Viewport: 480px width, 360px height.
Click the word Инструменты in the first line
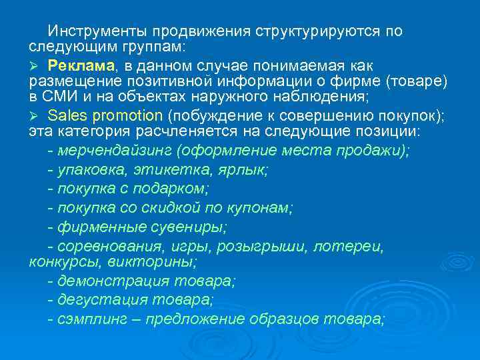tap(97, 31)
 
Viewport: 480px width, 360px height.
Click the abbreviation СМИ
tap(59, 97)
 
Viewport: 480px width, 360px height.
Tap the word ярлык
tap(245, 170)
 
